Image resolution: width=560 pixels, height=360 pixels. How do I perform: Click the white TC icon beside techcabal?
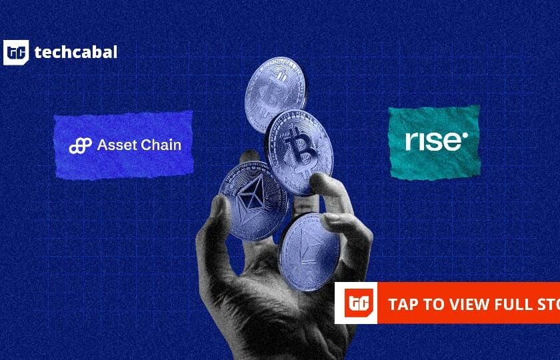coord(16,53)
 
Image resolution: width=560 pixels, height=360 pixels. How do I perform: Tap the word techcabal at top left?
coord(75,52)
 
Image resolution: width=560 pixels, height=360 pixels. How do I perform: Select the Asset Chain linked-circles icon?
coord(80,145)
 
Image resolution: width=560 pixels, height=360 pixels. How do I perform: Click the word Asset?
coord(117,145)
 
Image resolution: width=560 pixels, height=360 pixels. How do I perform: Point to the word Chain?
coord(161,145)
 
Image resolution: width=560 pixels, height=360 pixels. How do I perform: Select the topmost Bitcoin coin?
coord(274,93)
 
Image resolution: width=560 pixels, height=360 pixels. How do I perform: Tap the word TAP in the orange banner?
coord(403,304)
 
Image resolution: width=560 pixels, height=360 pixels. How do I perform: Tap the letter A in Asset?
coord(102,145)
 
